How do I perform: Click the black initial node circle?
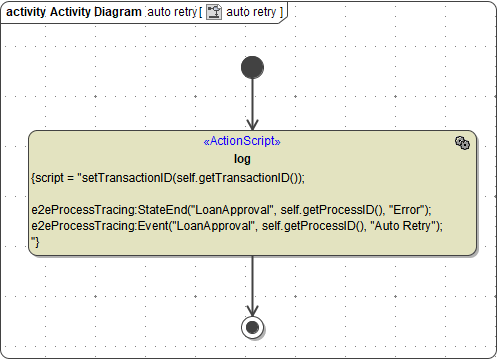click(x=252, y=68)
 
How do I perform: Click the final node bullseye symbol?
click(x=252, y=328)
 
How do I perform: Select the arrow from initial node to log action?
click(x=252, y=104)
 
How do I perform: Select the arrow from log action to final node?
click(x=252, y=285)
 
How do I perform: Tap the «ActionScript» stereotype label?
click(x=242, y=142)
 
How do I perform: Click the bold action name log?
click(x=242, y=158)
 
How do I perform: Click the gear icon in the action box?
click(x=461, y=144)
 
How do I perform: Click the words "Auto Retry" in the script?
click(x=409, y=226)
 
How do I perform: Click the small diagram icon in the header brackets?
click(x=213, y=12)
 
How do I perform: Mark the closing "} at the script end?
click(x=36, y=241)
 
